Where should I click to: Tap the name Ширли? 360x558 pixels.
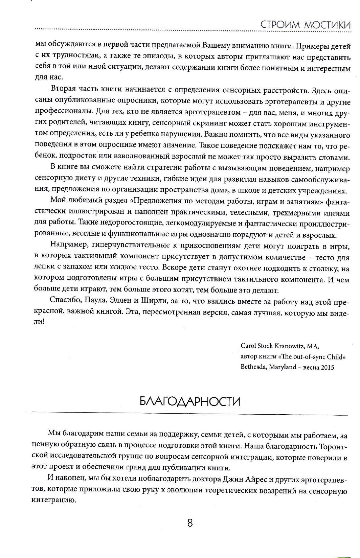[x=154, y=302]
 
